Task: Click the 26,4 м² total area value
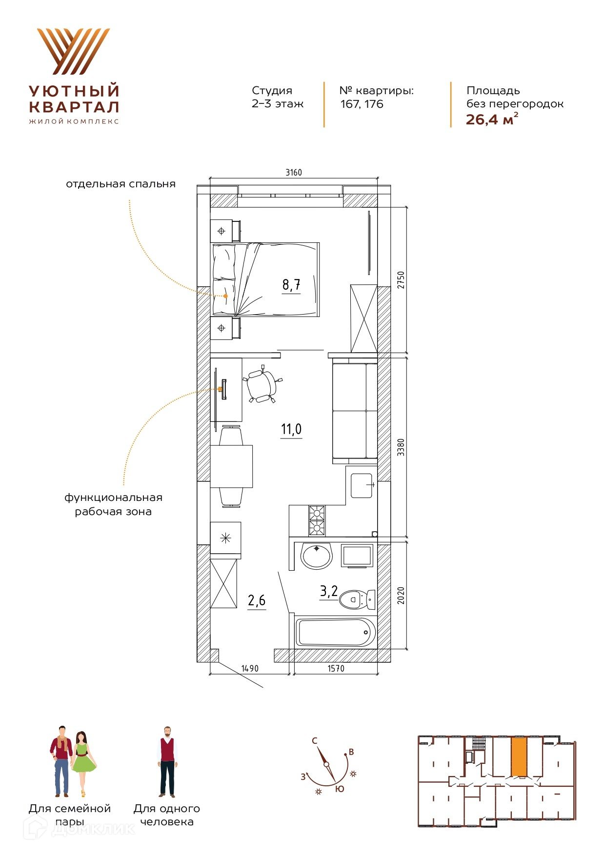[492, 119]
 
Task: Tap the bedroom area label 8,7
[291, 284]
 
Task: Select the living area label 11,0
[291, 429]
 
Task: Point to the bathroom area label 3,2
[329, 591]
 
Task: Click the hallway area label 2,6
[257, 600]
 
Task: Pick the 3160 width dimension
[294, 172]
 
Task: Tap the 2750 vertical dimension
[401, 280]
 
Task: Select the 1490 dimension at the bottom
[250, 668]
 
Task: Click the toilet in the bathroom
[357, 599]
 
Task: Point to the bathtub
[336, 632]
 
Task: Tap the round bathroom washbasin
[317, 556]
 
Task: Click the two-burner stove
[317, 520]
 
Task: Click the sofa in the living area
[355, 410]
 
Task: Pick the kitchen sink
[362, 485]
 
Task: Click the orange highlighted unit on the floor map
[519, 756]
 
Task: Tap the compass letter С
[315, 741]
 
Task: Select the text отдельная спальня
[121, 184]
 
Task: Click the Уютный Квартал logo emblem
[74, 51]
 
